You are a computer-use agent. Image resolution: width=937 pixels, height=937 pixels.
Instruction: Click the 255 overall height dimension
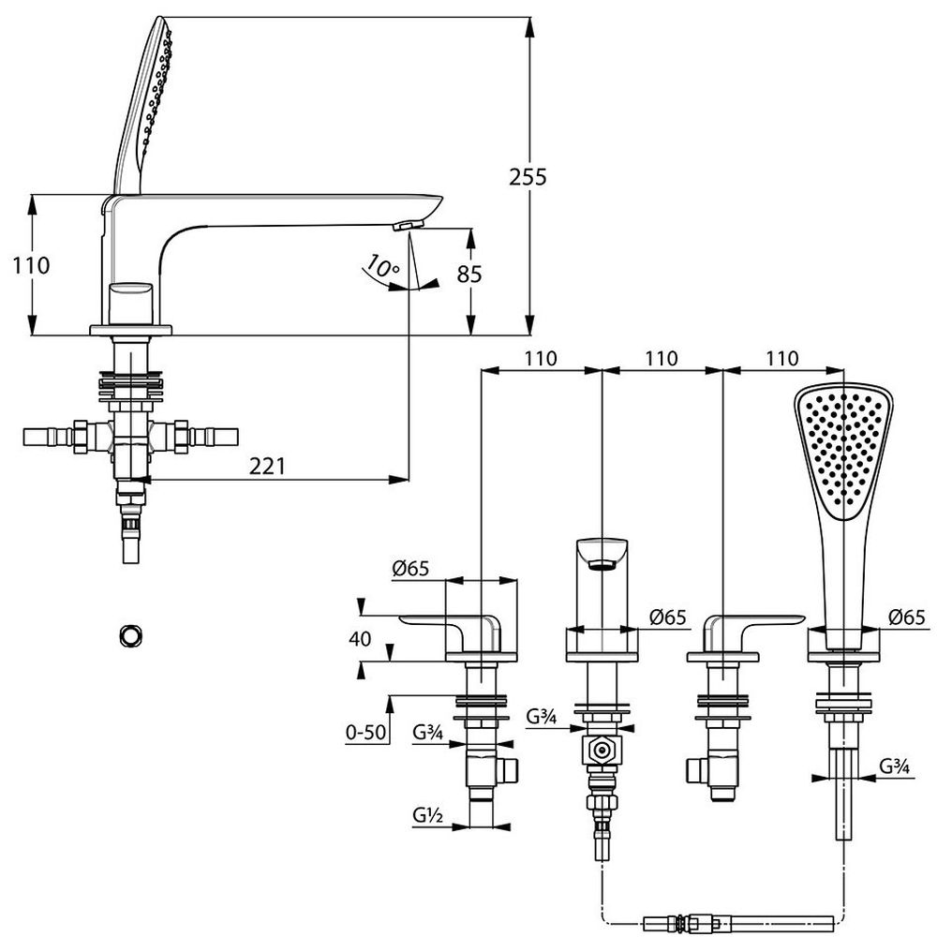(x=528, y=176)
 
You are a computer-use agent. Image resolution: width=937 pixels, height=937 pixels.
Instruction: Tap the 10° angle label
(x=382, y=267)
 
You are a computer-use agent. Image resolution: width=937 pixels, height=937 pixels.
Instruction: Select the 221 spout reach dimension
(x=267, y=466)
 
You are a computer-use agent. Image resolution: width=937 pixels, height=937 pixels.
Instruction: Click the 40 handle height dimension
(x=360, y=639)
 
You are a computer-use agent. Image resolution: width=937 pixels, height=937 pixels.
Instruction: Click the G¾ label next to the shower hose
(x=896, y=766)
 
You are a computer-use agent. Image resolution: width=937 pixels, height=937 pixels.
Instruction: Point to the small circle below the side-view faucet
(x=130, y=634)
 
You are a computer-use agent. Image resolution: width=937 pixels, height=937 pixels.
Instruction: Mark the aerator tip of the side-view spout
(x=409, y=224)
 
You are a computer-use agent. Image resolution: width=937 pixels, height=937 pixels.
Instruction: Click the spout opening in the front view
(x=601, y=562)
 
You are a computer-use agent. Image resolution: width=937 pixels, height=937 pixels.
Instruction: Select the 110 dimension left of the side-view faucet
(x=32, y=265)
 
